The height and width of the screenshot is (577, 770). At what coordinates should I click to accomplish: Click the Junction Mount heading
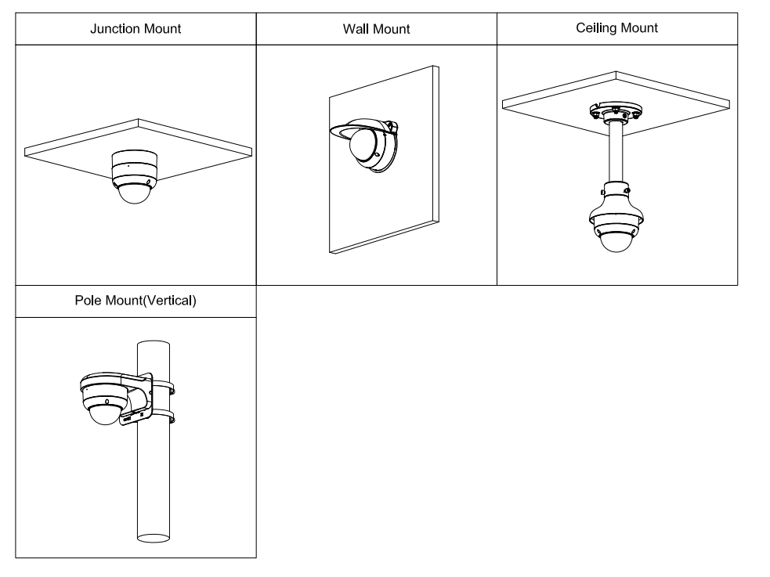(x=136, y=29)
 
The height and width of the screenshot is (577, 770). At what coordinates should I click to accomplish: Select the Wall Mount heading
(x=376, y=30)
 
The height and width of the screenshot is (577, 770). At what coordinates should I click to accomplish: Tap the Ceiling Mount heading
(x=616, y=28)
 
